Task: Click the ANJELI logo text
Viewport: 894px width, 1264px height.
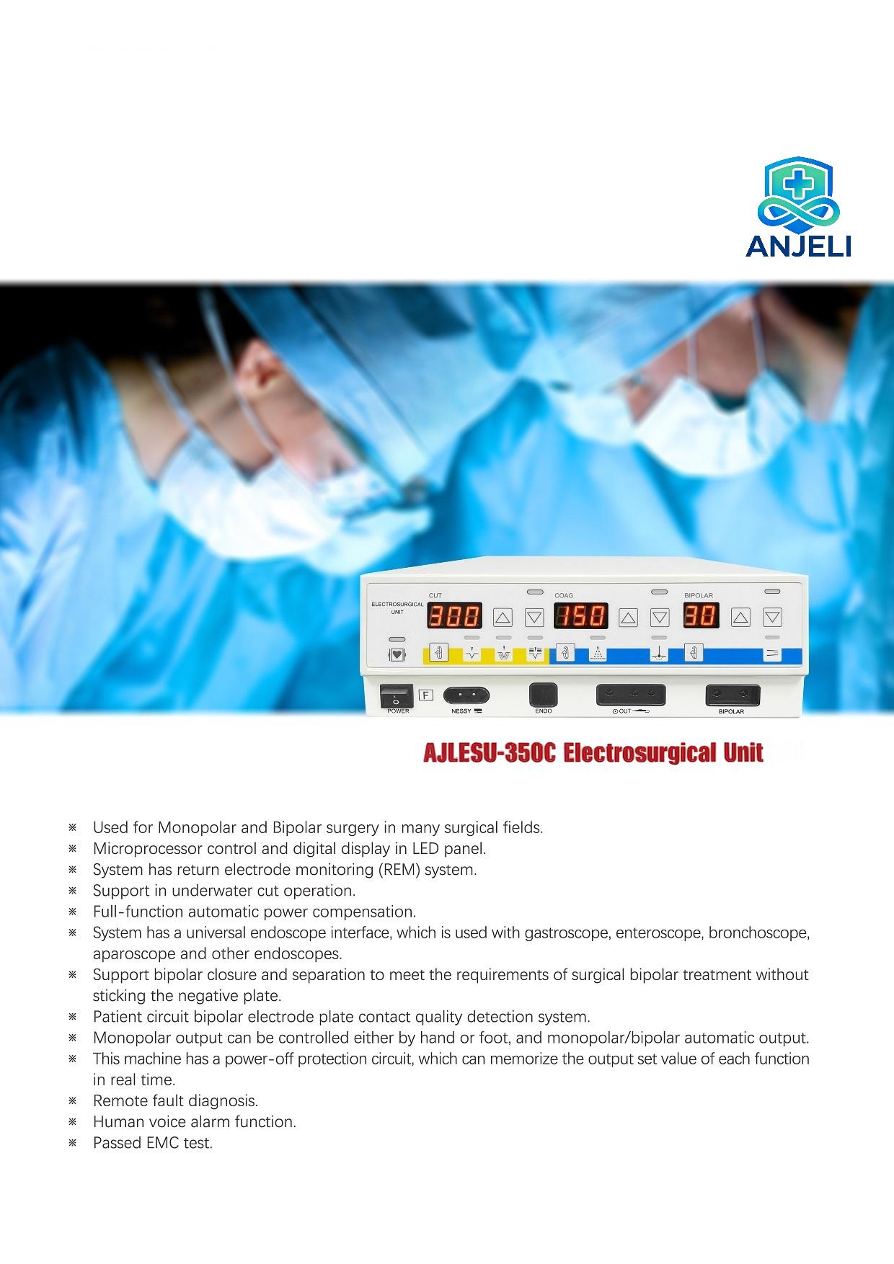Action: pyautogui.click(x=798, y=246)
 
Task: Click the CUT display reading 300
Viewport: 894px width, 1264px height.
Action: pyautogui.click(x=454, y=616)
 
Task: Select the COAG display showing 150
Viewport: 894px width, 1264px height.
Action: pyautogui.click(x=580, y=616)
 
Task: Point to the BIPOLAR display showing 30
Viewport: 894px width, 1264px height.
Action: pyautogui.click(x=700, y=616)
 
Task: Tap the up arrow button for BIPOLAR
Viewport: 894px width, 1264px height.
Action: pyautogui.click(x=741, y=617)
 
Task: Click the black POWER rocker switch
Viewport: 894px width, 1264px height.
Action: pyautogui.click(x=397, y=695)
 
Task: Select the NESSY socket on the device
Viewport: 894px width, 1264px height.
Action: pyautogui.click(x=466, y=695)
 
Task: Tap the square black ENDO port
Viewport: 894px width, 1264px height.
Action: pyautogui.click(x=544, y=695)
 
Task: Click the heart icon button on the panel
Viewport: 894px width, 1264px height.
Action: pyautogui.click(x=397, y=655)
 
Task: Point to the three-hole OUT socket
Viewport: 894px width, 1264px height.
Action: pyautogui.click(x=631, y=695)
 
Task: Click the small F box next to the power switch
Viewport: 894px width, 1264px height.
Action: pyautogui.click(x=426, y=695)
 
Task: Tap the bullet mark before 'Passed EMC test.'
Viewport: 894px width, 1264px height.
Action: pyautogui.click(x=72, y=1143)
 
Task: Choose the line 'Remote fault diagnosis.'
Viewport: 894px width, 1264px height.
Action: pyautogui.click(x=175, y=1101)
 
